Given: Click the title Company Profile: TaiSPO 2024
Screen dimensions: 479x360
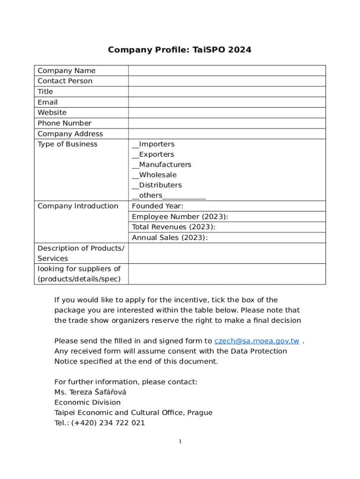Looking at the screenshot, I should point(180,50).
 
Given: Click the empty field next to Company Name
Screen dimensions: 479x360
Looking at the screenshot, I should point(227,71).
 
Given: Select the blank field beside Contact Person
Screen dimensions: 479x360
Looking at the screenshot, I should point(227,81).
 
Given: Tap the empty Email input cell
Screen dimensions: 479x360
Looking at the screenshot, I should point(227,102).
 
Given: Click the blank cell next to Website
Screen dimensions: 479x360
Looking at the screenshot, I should point(227,112).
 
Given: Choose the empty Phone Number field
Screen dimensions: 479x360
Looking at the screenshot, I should point(227,123).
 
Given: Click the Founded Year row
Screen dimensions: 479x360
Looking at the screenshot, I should point(227,206).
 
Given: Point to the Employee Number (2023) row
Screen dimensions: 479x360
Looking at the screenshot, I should point(227,217).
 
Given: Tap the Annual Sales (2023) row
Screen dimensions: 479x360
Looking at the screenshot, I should point(227,238).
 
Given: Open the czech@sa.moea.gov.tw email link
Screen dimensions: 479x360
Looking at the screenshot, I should point(257,341).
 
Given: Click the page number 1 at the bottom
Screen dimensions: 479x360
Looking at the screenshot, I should point(180,442).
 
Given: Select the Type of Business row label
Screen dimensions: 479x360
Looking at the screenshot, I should point(67,144).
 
